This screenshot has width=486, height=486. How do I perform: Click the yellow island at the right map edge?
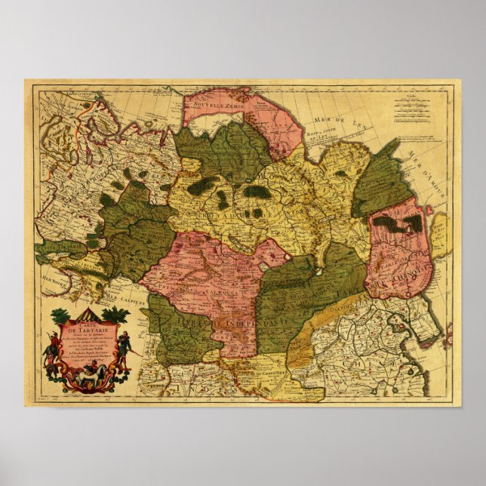pyautogui.click(x=440, y=234)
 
